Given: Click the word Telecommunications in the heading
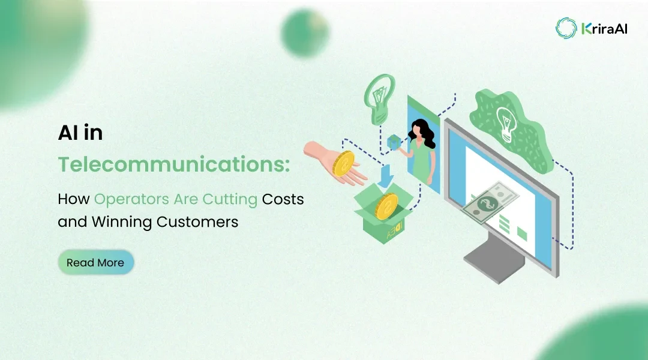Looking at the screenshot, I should [173, 164].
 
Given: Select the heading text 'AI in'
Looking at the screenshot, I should [80, 133].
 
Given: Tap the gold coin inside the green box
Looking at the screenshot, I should [386, 208].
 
